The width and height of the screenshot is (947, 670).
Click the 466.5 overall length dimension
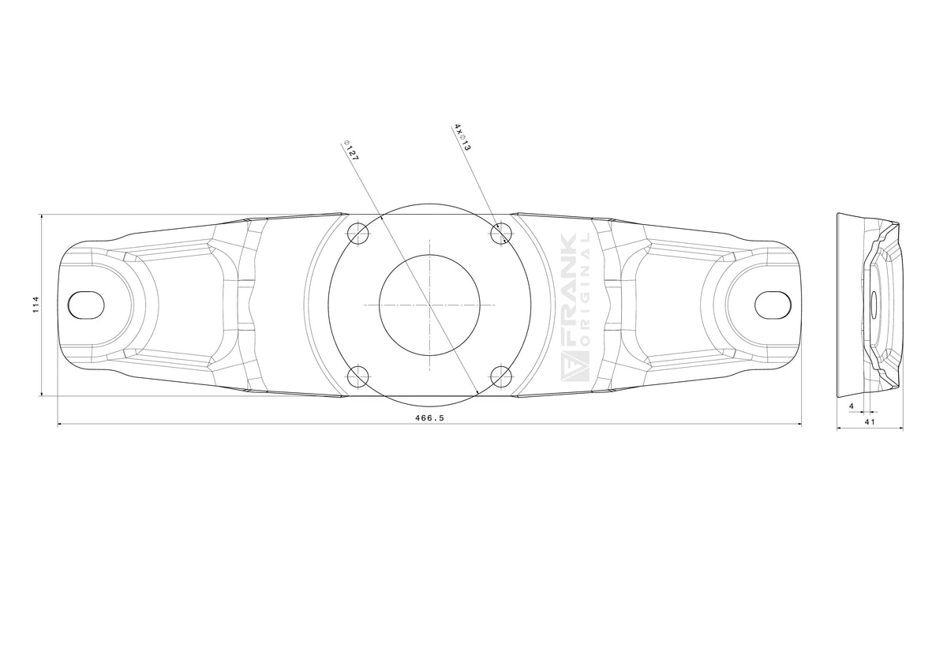(429, 418)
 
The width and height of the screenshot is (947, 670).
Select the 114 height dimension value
(36, 305)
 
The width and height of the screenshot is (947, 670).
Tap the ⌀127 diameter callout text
(352, 150)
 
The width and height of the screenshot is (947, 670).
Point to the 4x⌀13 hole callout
(463, 137)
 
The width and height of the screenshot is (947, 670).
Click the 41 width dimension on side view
(870, 421)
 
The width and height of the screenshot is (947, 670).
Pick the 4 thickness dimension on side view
(852, 406)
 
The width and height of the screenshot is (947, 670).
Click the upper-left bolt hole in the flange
(358, 233)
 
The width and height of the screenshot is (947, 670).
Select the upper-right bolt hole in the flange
(501, 233)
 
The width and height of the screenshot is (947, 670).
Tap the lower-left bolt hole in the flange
(358, 376)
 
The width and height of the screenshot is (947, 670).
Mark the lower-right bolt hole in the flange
(501, 376)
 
